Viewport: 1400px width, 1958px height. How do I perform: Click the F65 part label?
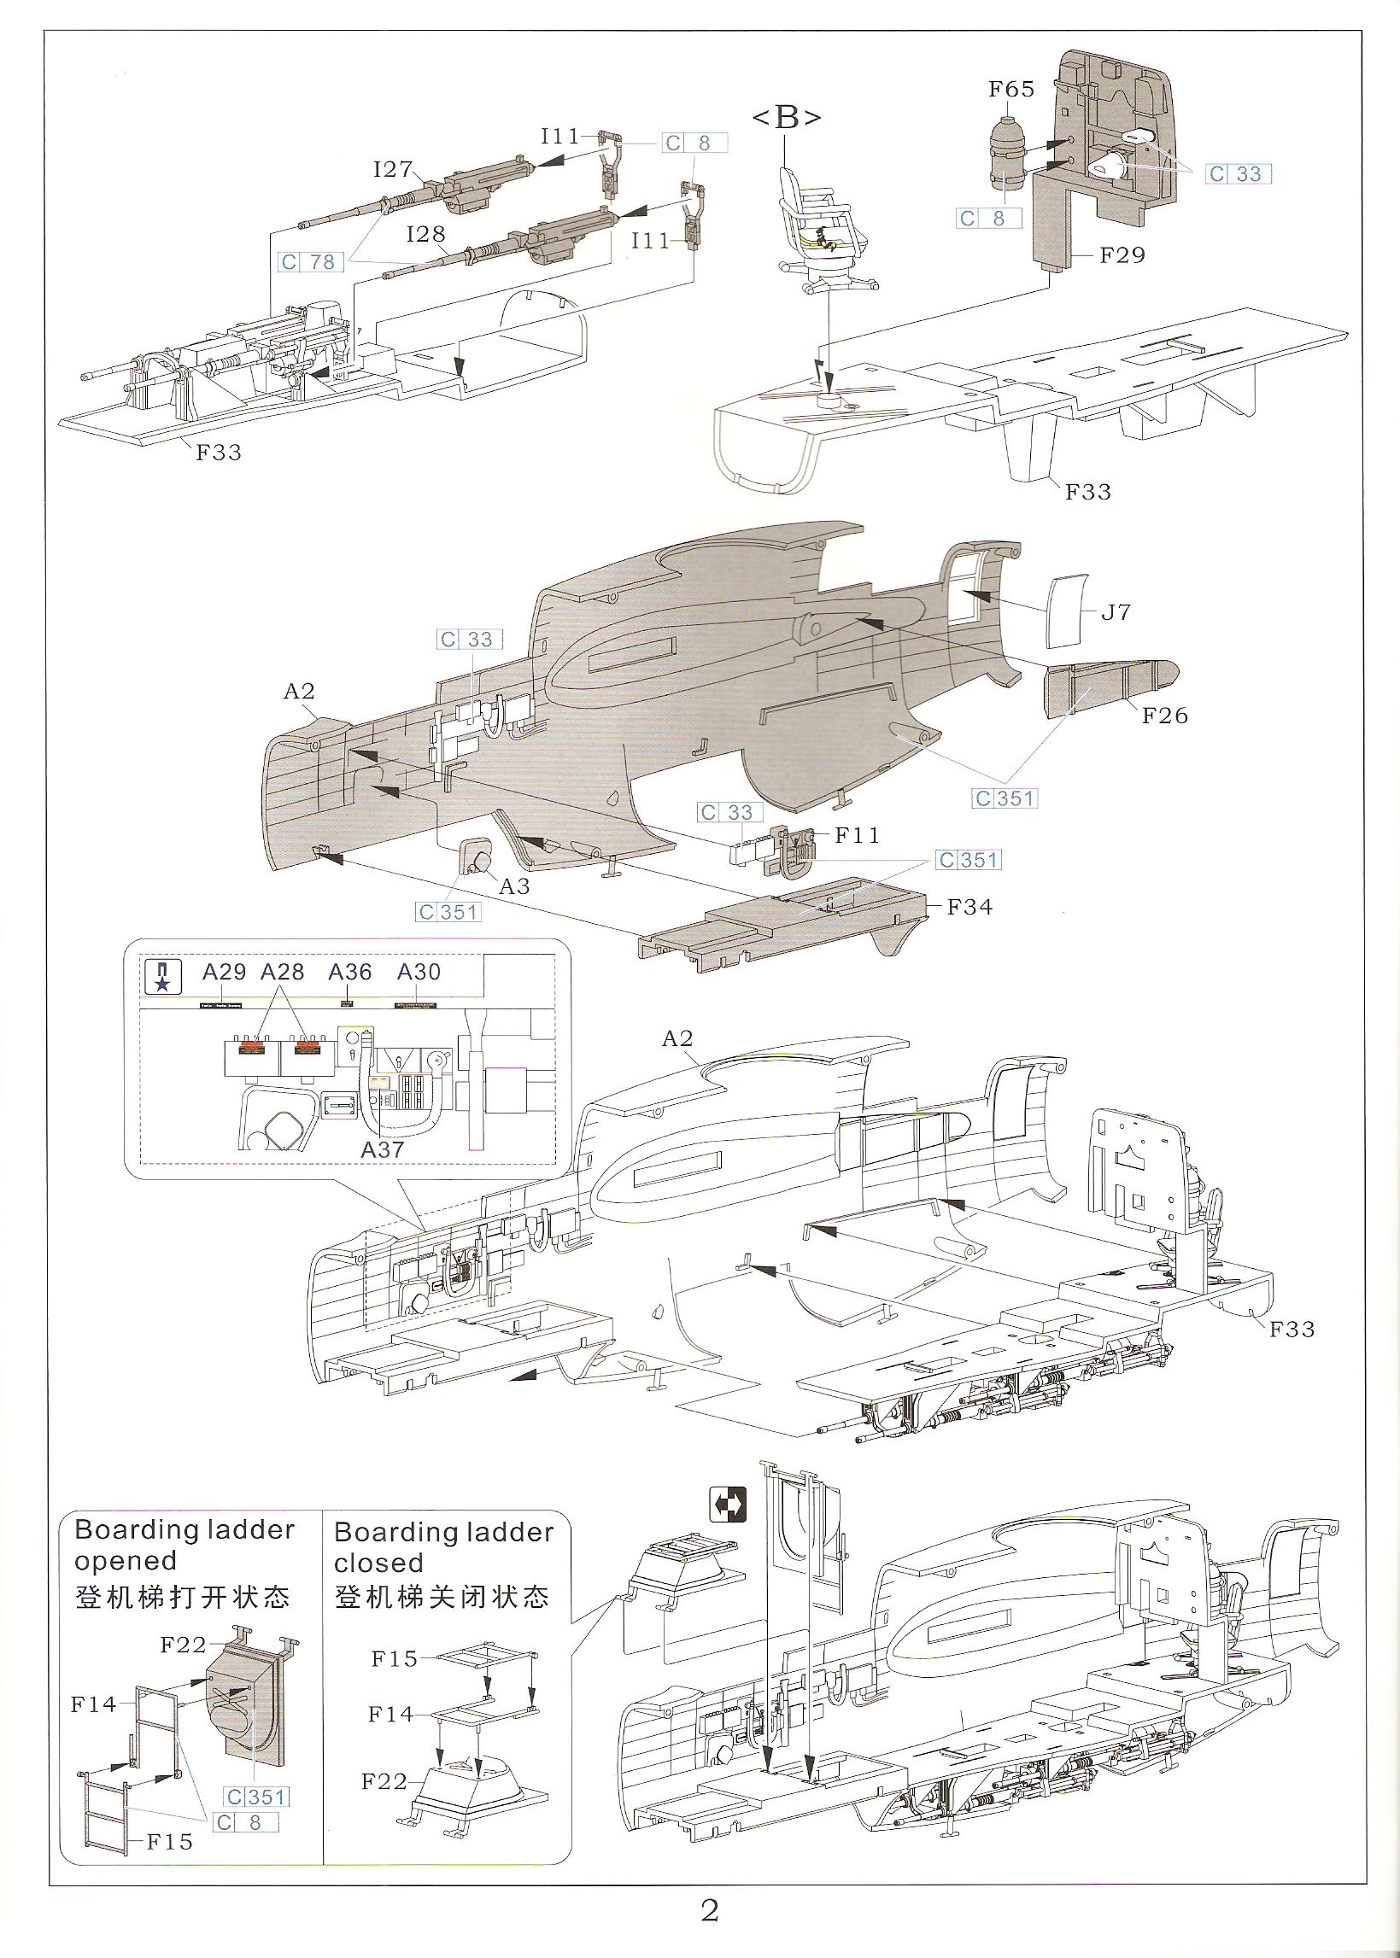pos(1011,89)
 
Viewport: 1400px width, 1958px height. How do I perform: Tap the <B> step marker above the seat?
pos(786,117)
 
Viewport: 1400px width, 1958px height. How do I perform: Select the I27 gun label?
pos(393,169)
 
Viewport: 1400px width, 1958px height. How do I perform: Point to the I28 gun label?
pos(426,234)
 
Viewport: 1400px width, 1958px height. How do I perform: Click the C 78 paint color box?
pos(308,262)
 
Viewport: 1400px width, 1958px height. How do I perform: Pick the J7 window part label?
pos(1116,612)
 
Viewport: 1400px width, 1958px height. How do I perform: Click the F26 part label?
pos(1164,715)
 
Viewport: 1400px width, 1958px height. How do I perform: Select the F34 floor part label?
pos(969,907)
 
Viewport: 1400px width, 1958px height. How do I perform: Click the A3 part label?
pos(515,886)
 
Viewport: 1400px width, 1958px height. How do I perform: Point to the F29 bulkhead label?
pos(1122,255)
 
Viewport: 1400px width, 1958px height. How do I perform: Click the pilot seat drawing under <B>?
pos(819,228)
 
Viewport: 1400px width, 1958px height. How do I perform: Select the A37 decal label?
pos(383,1148)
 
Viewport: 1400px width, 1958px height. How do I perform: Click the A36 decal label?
pos(350,972)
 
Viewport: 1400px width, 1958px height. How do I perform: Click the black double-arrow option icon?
pos(728,1505)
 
